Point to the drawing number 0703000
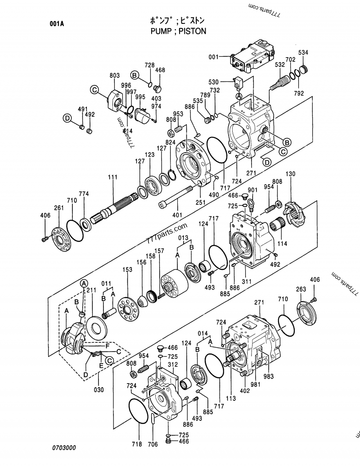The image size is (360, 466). coord(63,448)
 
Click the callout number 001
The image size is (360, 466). coord(213,57)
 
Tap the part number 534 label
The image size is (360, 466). coord(303,53)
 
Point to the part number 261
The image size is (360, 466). coord(58,208)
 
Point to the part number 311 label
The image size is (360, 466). coord(246,281)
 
